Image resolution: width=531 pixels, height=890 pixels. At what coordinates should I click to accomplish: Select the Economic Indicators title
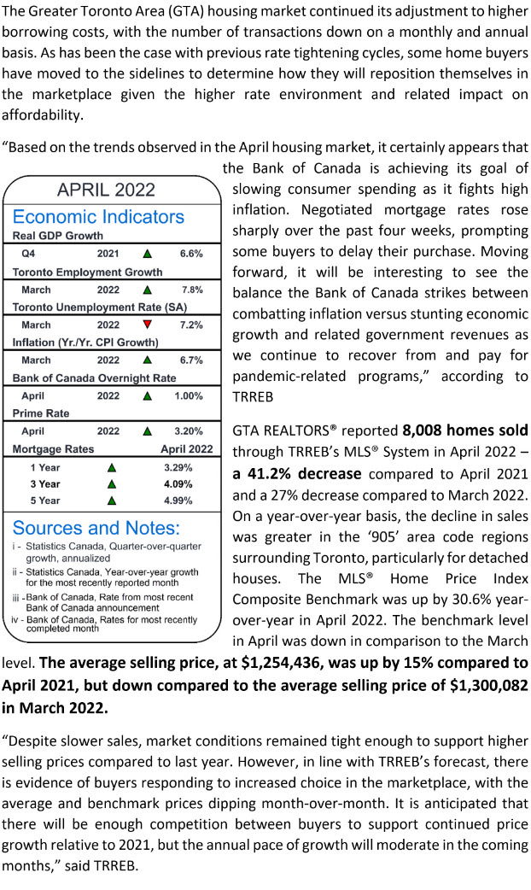tap(98, 216)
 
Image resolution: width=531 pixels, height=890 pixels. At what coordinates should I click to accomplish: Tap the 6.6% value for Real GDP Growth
tap(191, 254)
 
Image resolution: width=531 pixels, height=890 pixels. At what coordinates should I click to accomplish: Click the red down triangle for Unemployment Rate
tap(148, 325)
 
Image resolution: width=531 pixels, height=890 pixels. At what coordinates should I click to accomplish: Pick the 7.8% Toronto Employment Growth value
tap(191, 290)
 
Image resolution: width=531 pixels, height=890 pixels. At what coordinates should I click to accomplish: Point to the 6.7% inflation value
tap(191, 360)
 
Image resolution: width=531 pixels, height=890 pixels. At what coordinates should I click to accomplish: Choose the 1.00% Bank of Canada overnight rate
tap(189, 396)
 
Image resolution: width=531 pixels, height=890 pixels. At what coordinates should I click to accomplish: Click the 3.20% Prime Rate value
tap(189, 431)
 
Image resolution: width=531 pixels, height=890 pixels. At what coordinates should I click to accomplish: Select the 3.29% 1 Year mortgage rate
tap(178, 468)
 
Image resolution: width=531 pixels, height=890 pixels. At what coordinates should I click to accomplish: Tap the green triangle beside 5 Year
tap(110, 501)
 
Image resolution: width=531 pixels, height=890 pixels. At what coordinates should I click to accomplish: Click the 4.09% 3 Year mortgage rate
tap(178, 484)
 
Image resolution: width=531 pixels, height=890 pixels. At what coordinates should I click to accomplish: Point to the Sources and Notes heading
tap(96, 527)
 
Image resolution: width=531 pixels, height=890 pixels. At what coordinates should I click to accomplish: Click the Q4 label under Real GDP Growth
tap(28, 254)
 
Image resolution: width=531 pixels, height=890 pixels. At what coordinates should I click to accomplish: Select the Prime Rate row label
tap(41, 413)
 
